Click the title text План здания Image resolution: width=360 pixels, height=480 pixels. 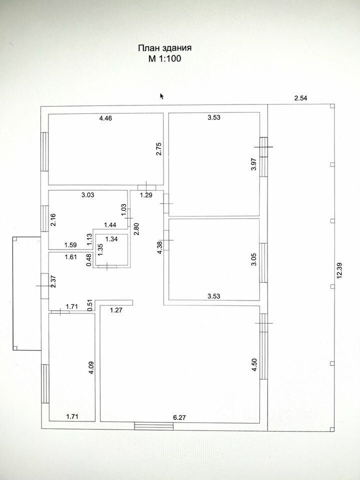point(164,48)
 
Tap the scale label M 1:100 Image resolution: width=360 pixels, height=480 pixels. point(164,58)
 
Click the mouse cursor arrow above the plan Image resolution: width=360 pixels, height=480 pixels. point(162,96)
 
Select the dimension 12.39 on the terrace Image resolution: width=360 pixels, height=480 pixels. point(339,270)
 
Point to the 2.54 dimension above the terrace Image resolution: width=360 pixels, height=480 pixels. point(300,98)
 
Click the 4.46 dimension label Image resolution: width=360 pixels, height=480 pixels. point(105,118)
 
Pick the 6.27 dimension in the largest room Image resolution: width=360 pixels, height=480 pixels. point(179,417)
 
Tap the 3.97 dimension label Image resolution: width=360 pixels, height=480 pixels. point(254,164)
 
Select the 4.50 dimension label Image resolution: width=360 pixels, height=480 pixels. point(254,365)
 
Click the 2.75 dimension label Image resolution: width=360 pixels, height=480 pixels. point(159,149)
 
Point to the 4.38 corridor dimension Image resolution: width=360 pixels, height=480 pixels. point(159,248)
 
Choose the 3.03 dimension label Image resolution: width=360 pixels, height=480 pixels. point(88,194)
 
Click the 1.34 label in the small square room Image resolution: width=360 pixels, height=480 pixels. point(111,239)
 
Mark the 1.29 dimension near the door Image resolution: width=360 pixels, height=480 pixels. point(146,195)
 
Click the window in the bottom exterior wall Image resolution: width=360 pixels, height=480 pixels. point(154,426)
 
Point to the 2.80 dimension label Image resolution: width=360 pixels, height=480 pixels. point(136,228)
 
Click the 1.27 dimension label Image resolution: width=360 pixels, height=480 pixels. point(116,310)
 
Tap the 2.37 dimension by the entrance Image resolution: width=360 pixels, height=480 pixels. point(53,281)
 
